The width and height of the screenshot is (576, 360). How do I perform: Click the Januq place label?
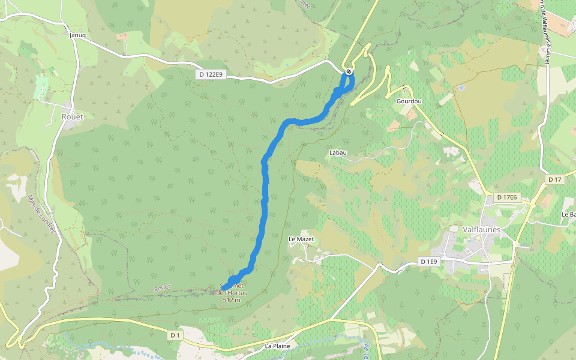(x=78, y=35)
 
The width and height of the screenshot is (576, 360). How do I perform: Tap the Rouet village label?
(x=72, y=117)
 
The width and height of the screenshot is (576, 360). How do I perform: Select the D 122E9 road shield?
(x=211, y=74)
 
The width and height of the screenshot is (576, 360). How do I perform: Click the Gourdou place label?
(x=409, y=101)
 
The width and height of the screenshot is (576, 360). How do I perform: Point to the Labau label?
(x=338, y=152)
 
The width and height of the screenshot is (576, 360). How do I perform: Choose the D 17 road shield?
(x=554, y=179)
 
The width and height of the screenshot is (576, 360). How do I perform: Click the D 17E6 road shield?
(x=511, y=197)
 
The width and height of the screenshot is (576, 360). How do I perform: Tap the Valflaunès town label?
(x=486, y=229)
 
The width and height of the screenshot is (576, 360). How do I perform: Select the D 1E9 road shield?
(x=429, y=262)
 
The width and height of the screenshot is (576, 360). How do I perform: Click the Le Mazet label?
(x=301, y=239)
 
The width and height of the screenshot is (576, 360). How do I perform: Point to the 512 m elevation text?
(x=231, y=299)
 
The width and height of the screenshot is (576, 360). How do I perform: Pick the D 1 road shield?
(x=175, y=335)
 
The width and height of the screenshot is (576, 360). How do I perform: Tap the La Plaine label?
(x=277, y=346)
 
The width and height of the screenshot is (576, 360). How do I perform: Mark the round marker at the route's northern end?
(x=349, y=72)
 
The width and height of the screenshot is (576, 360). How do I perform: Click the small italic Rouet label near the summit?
(x=162, y=288)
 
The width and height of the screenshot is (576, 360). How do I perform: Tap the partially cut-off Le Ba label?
(x=568, y=214)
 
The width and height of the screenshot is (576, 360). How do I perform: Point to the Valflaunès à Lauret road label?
(x=545, y=30)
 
